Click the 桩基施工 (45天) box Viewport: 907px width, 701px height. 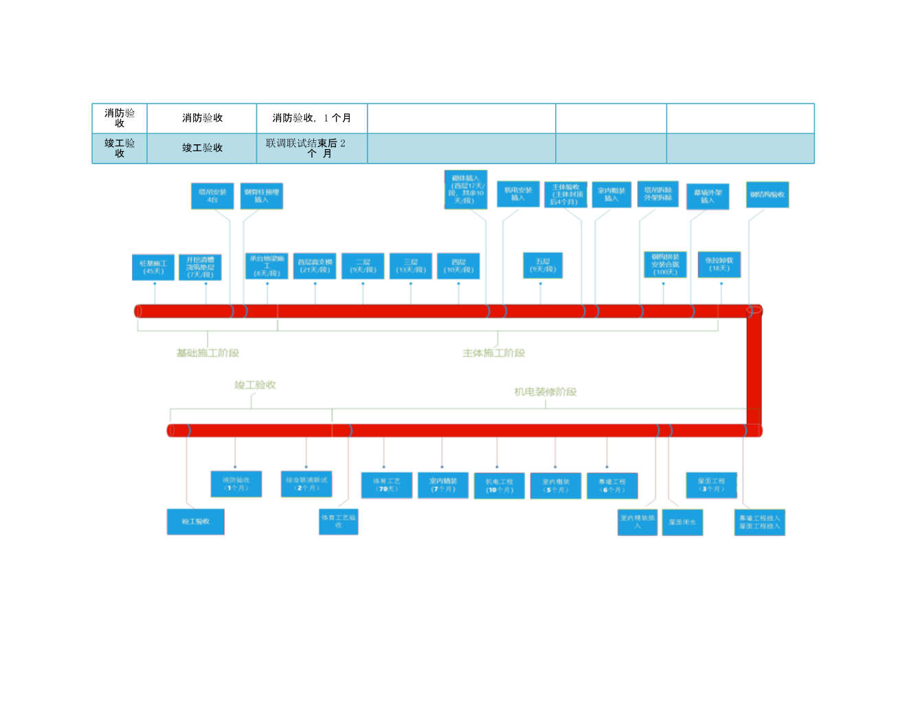coord(153,267)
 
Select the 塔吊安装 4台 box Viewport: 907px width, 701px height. coord(212,196)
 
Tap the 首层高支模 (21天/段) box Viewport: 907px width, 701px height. coord(315,267)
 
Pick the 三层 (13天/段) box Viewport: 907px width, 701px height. coord(411,267)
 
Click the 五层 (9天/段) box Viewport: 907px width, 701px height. coord(543,265)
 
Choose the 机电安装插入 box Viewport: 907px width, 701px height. coord(518,194)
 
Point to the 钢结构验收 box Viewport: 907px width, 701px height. coord(768,194)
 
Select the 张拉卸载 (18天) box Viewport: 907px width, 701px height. coord(719,265)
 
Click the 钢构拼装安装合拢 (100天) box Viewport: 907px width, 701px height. coord(665,265)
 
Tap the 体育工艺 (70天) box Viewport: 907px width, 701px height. coord(387,485)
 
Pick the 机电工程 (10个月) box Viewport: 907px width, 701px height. coord(500,486)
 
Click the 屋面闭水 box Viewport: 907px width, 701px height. coord(682,522)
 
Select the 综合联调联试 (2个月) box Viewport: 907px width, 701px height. coord(306,484)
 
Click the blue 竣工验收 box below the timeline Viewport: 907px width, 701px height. coord(196,522)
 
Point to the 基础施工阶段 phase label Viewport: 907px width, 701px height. coord(208,353)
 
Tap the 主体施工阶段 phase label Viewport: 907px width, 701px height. coord(493,353)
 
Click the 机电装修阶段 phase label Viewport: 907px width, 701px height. coord(546,392)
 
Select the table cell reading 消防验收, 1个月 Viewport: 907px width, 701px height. coord(312,118)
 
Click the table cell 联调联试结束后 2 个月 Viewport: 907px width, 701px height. coord(312,148)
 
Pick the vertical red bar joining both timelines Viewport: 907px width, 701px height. coord(754,371)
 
